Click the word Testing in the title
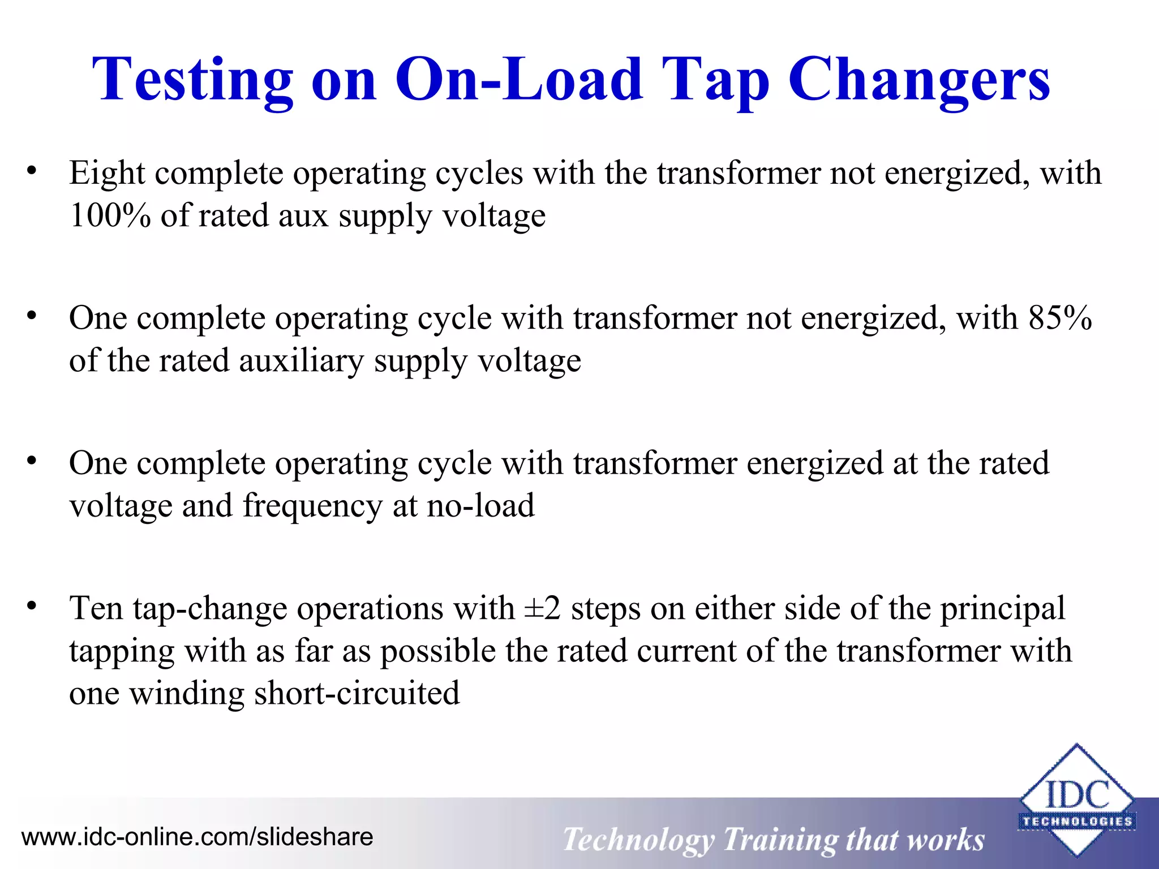pos(192,80)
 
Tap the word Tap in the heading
pos(715,80)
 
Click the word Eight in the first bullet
pos(107,173)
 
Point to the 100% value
pos(110,216)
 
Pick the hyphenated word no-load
pos(480,505)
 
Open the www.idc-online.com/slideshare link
pos(197,837)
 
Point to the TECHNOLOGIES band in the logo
pos(1076,821)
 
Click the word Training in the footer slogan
pos(780,840)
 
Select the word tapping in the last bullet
pos(122,652)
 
